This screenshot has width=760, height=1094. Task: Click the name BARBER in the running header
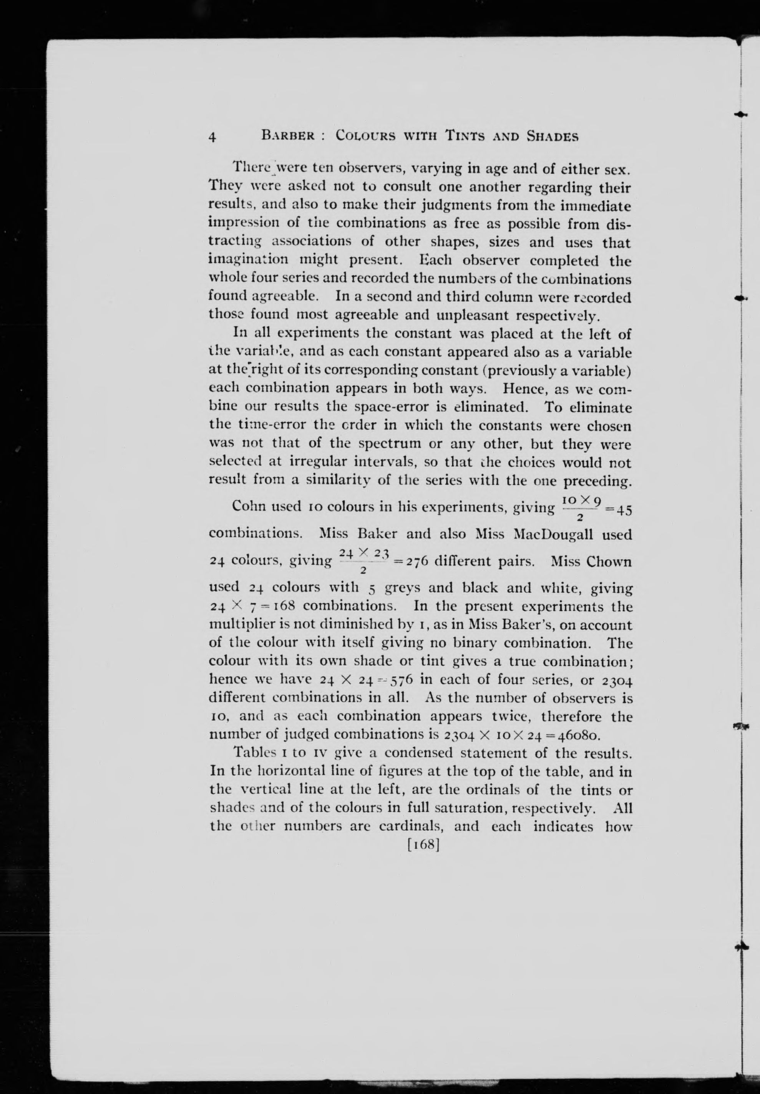(289, 136)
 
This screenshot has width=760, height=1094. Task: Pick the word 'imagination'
(249, 261)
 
